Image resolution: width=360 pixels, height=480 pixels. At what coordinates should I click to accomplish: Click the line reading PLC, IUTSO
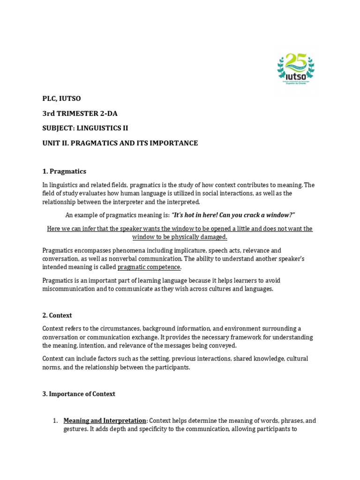pyautogui.click(x=62, y=98)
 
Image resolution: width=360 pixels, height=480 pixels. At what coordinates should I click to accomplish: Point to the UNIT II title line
pyautogui.click(x=120, y=143)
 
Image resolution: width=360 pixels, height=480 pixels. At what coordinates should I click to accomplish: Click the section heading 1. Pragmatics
pyautogui.click(x=64, y=171)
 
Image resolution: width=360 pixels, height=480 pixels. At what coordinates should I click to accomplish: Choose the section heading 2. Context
pyautogui.click(x=57, y=315)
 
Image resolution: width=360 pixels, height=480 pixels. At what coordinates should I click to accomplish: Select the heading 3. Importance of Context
pyautogui.click(x=79, y=394)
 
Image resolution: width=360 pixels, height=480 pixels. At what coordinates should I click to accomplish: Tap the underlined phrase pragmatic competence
pyautogui.click(x=149, y=267)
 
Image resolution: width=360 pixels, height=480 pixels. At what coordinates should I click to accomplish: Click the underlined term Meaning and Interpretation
pyautogui.click(x=105, y=420)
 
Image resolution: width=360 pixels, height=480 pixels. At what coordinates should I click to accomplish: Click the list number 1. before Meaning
pyautogui.click(x=55, y=420)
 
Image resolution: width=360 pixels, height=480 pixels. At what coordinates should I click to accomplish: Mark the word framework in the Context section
pyautogui.click(x=196, y=337)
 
